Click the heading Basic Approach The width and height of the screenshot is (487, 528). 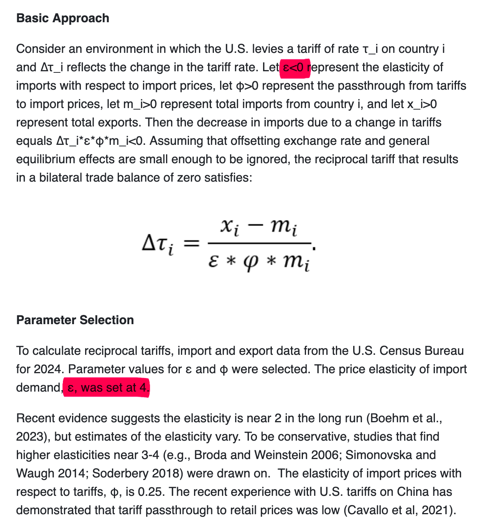point(63,18)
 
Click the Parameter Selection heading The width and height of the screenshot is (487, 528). point(75,320)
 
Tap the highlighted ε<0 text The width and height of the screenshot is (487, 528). point(295,67)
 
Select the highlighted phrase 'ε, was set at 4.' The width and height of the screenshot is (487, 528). point(106,388)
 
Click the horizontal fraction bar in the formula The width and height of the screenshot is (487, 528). point(259,243)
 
